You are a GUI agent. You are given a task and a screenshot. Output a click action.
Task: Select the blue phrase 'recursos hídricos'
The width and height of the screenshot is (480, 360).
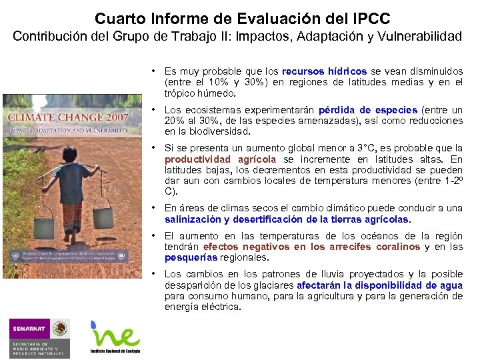point(324,71)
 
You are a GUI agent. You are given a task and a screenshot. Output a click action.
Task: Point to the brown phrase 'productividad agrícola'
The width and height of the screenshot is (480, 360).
point(220,159)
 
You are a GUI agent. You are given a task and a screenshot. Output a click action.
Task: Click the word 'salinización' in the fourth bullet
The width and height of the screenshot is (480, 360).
point(193,219)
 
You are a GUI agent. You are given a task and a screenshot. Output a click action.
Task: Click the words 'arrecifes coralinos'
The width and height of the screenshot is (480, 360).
point(374,247)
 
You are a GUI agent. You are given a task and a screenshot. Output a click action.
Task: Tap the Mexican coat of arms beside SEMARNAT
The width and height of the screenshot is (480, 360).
point(61,329)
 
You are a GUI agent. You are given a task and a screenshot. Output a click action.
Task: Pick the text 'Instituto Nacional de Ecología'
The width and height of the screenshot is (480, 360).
point(115,350)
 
